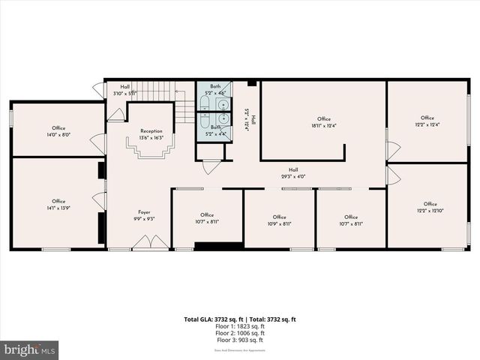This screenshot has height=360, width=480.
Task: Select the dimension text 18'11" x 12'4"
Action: pos(324,126)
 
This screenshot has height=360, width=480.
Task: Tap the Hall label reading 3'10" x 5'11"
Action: pos(125,90)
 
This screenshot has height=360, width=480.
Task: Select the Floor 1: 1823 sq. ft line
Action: pos(239,325)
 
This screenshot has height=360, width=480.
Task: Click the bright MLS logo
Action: pos(30,349)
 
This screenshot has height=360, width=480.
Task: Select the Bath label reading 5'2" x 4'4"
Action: pos(215,130)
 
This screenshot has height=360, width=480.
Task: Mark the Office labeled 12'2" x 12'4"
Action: pos(427,121)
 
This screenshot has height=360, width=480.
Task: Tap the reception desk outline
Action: pos(152,149)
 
